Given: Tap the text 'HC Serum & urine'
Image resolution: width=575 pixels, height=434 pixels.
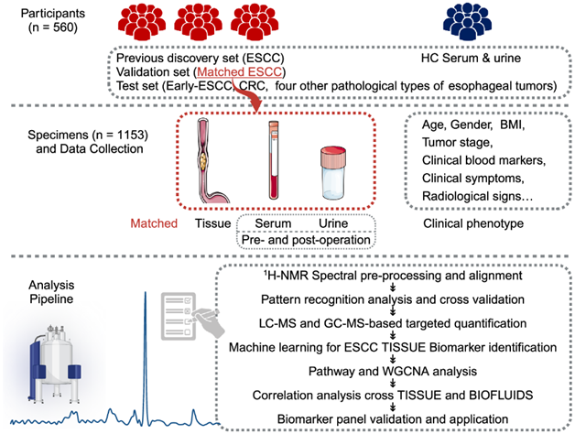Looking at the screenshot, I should pos(471,57).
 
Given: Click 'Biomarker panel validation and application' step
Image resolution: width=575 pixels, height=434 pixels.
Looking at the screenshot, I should pos(391,420).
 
